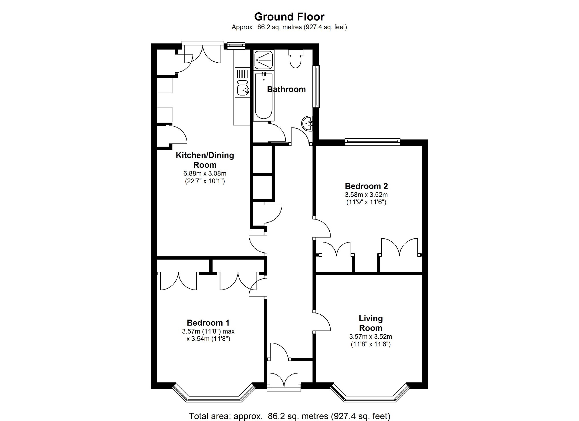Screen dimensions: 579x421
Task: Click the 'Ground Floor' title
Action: click(289, 17)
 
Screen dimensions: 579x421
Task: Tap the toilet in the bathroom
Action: click(295, 59)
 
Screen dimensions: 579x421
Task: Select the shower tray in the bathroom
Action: click(264, 60)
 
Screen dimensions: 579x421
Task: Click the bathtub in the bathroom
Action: click(264, 96)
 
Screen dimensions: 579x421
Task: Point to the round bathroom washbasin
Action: click(307, 123)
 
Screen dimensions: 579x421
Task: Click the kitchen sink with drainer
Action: click(242, 82)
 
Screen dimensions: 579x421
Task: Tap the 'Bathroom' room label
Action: click(286, 89)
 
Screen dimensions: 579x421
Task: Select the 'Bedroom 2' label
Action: click(366, 186)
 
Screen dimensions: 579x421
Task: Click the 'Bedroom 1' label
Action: click(208, 323)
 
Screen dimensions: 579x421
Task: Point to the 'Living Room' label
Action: click(371, 323)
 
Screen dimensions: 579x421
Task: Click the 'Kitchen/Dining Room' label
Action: click(205, 160)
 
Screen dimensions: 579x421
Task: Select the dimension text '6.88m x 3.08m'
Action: click(205, 173)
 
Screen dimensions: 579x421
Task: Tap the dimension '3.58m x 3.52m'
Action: click(366, 195)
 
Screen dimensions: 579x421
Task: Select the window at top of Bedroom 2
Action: click(372, 141)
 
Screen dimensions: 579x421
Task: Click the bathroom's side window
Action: click(316, 87)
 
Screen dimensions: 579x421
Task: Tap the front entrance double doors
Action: click(284, 382)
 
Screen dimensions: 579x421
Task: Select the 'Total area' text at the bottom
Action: click(289, 416)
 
